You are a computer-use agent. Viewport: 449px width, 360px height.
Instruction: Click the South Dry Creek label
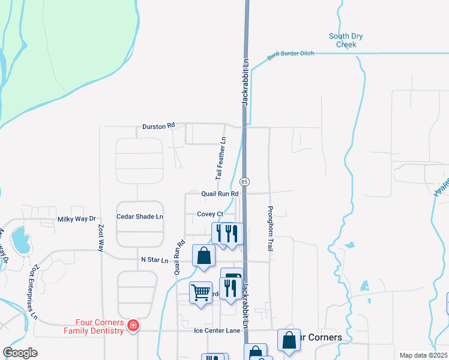click(x=346, y=40)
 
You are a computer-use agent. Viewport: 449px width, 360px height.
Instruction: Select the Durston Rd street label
click(x=158, y=127)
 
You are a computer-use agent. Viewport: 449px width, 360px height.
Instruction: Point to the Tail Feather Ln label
click(x=221, y=158)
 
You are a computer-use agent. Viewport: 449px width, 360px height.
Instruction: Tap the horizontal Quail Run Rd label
click(x=220, y=194)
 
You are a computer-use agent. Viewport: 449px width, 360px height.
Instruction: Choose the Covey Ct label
click(x=209, y=214)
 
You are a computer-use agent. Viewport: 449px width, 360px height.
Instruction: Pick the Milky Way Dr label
click(x=76, y=220)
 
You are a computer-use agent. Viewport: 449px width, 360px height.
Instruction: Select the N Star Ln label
click(x=154, y=260)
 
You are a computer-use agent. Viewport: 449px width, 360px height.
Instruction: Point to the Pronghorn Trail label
click(x=270, y=229)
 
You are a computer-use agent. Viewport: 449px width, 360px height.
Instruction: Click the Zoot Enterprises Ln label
click(x=34, y=290)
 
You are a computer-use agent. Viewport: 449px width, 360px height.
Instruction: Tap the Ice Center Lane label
click(x=217, y=330)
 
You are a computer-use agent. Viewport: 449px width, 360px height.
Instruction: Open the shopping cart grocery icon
click(x=200, y=293)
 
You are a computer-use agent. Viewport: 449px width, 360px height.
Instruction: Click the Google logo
click(x=20, y=353)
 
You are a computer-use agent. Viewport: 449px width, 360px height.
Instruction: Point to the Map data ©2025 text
click(x=423, y=355)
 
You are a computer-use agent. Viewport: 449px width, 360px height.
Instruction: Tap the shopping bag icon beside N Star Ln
click(x=204, y=255)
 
